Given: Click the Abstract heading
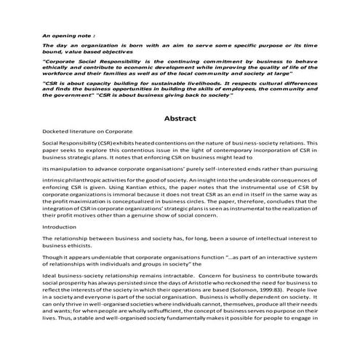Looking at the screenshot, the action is tap(179, 118).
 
